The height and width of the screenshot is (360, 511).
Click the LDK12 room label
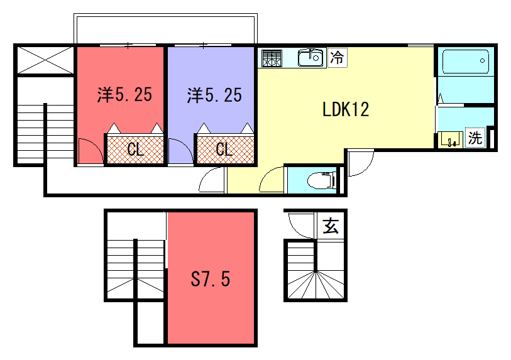click(x=346, y=109)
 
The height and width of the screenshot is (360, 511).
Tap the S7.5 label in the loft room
click(x=211, y=279)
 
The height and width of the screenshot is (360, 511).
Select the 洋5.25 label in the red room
click(x=124, y=95)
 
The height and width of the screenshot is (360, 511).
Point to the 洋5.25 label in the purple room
click(x=214, y=95)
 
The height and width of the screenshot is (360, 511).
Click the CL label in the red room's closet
click(x=136, y=150)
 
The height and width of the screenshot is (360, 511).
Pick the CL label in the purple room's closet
click(x=224, y=150)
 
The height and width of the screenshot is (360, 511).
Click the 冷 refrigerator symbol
click(x=338, y=58)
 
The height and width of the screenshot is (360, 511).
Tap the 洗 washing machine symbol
click(x=475, y=138)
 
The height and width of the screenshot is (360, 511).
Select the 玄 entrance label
click(x=331, y=226)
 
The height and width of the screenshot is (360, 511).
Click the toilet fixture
click(x=322, y=180)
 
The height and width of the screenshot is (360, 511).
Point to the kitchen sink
click(x=310, y=58)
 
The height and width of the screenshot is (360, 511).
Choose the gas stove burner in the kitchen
click(x=272, y=58)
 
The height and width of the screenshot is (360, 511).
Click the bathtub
click(x=466, y=61)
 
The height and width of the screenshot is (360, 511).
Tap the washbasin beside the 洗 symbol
click(x=451, y=139)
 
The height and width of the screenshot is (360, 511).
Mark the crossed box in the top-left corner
click(x=45, y=60)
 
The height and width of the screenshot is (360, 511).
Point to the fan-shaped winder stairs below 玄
click(x=316, y=285)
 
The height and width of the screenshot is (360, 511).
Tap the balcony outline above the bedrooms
click(x=165, y=14)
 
